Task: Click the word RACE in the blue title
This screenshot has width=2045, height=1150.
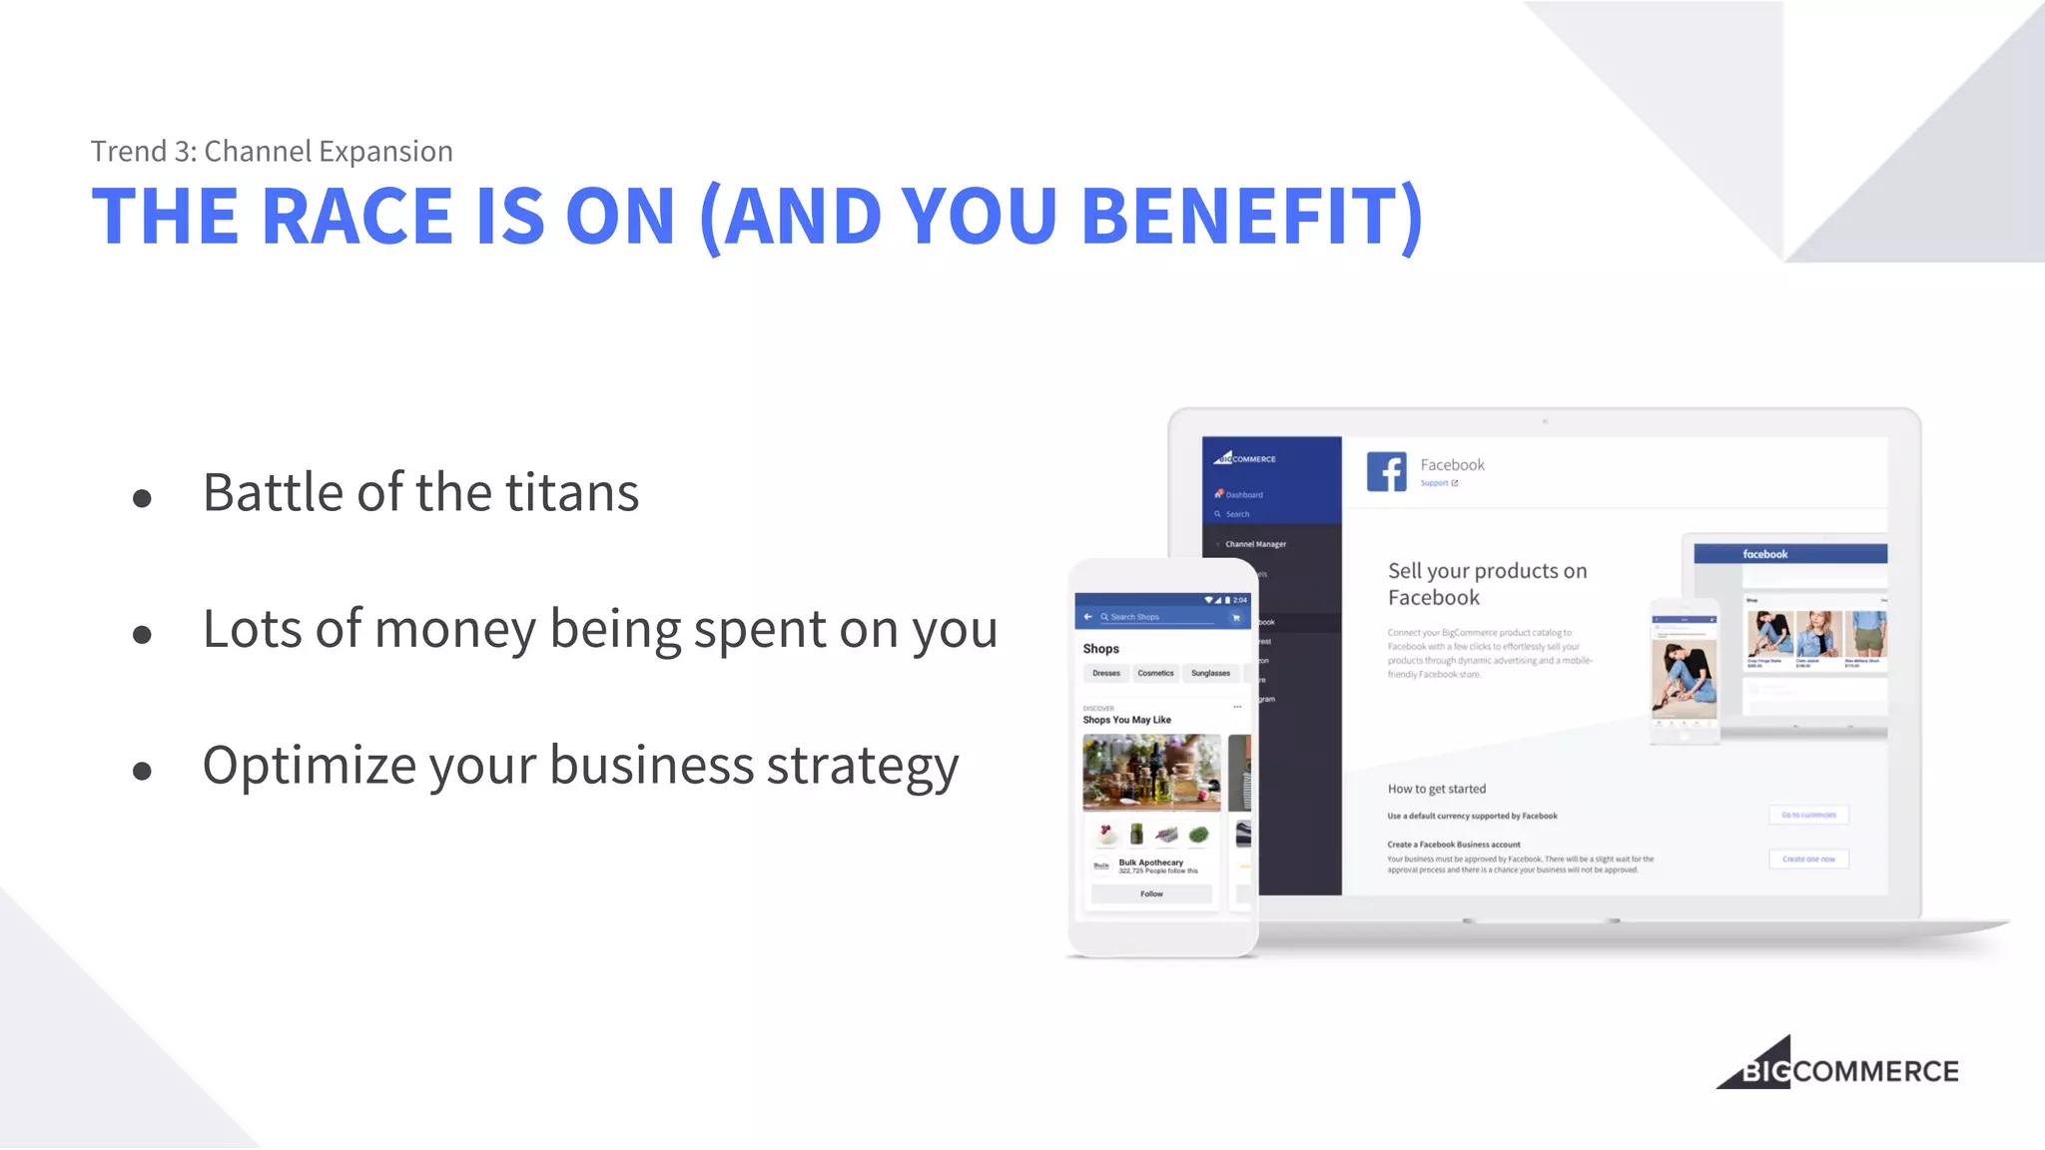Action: click(x=356, y=217)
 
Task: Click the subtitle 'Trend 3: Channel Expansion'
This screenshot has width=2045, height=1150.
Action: click(x=272, y=152)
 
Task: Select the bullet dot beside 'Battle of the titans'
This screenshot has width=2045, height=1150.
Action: click(x=142, y=497)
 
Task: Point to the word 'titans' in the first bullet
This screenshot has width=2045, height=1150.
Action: click(x=571, y=493)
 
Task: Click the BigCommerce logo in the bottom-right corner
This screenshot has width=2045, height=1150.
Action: click(x=1837, y=1065)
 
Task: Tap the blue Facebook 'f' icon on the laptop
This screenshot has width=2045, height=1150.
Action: click(x=1387, y=471)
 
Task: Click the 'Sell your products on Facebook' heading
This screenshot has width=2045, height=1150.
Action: click(x=1486, y=584)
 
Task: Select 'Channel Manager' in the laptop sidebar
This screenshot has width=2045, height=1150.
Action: click(x=1255, y=544)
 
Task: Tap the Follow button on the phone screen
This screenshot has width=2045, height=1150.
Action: click(x=1151, y=893)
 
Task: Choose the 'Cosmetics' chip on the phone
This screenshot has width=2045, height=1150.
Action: click(x=1155, y=673)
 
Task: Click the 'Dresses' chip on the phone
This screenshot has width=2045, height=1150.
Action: click(x=1106, y=673)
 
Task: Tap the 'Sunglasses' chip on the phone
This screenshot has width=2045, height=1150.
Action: click(x=1210, y=673)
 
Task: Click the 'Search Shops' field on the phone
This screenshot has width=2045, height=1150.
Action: click(x=1158, y=617)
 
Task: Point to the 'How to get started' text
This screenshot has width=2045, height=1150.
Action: click(x=1436, y=789)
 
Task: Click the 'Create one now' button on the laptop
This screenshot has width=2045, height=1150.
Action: click(x=1808, y=859)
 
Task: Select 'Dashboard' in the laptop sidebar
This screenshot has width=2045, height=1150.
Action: click(x=1244, y=494)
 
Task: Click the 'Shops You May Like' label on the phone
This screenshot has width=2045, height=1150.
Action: click(x=1126, y=720)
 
